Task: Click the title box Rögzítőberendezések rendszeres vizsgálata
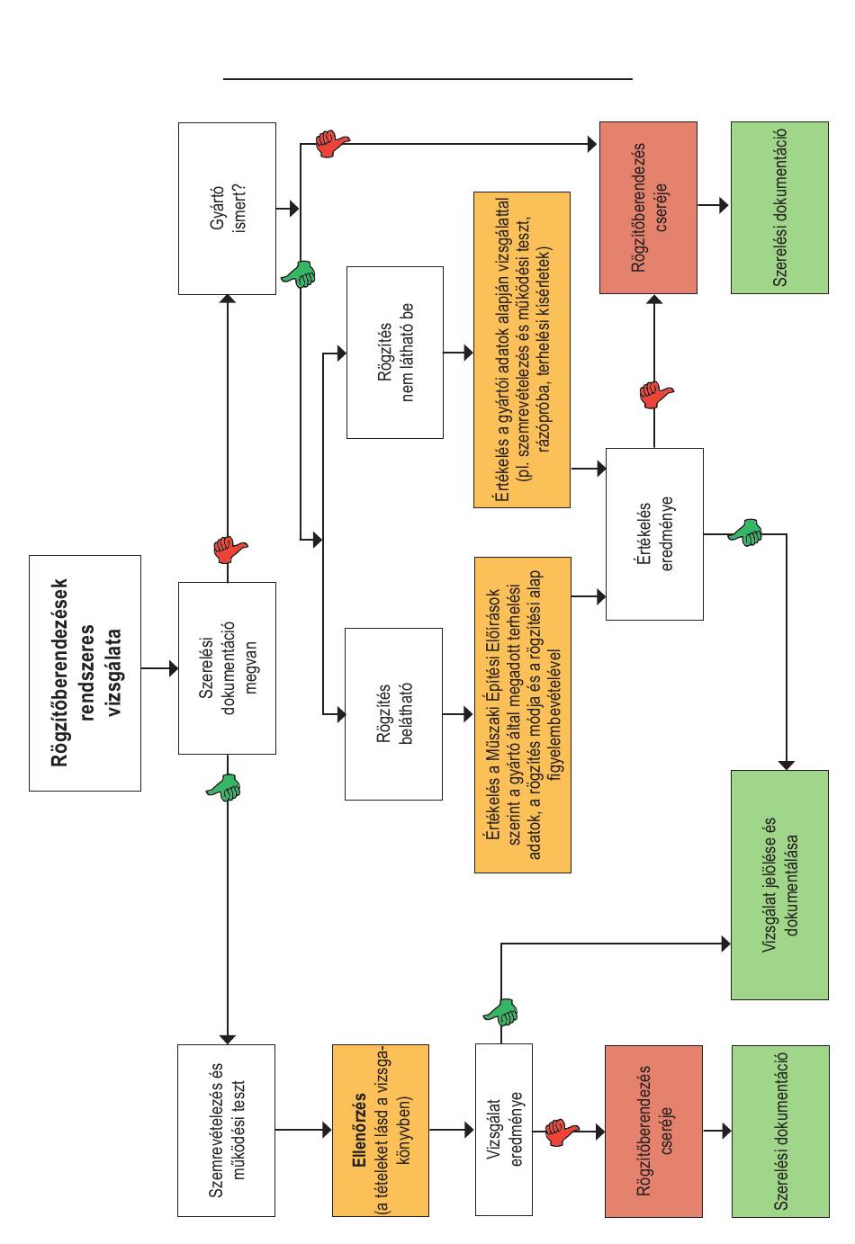click(x=85, y=673)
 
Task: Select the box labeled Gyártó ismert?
click(x=227, y=209)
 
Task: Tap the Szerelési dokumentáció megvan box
click(x=227, y=667)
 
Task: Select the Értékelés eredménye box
click(x=654, y=533)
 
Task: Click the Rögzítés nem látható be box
click(x=395, y=352)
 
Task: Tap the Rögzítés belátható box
click(x=394, y=713)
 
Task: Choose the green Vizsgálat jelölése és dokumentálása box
click(x=779, y=885)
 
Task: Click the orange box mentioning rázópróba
click(x=522, y=349)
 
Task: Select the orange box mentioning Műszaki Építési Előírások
click(x=523, y=715)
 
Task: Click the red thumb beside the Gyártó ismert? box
click(x=332, y=143)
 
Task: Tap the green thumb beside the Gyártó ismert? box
click(x=299, y=273)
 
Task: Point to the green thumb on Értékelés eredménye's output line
click(x=745, y=533)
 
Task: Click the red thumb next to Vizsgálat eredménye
click(x=562, y=1132)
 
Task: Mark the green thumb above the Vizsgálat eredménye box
click(x=500, y=1012)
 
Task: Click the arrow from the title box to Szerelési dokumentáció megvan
click(x=160, y=668)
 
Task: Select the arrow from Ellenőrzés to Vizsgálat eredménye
click(x=452, y=1129)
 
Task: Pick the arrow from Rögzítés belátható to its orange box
click(x=458, y=713)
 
